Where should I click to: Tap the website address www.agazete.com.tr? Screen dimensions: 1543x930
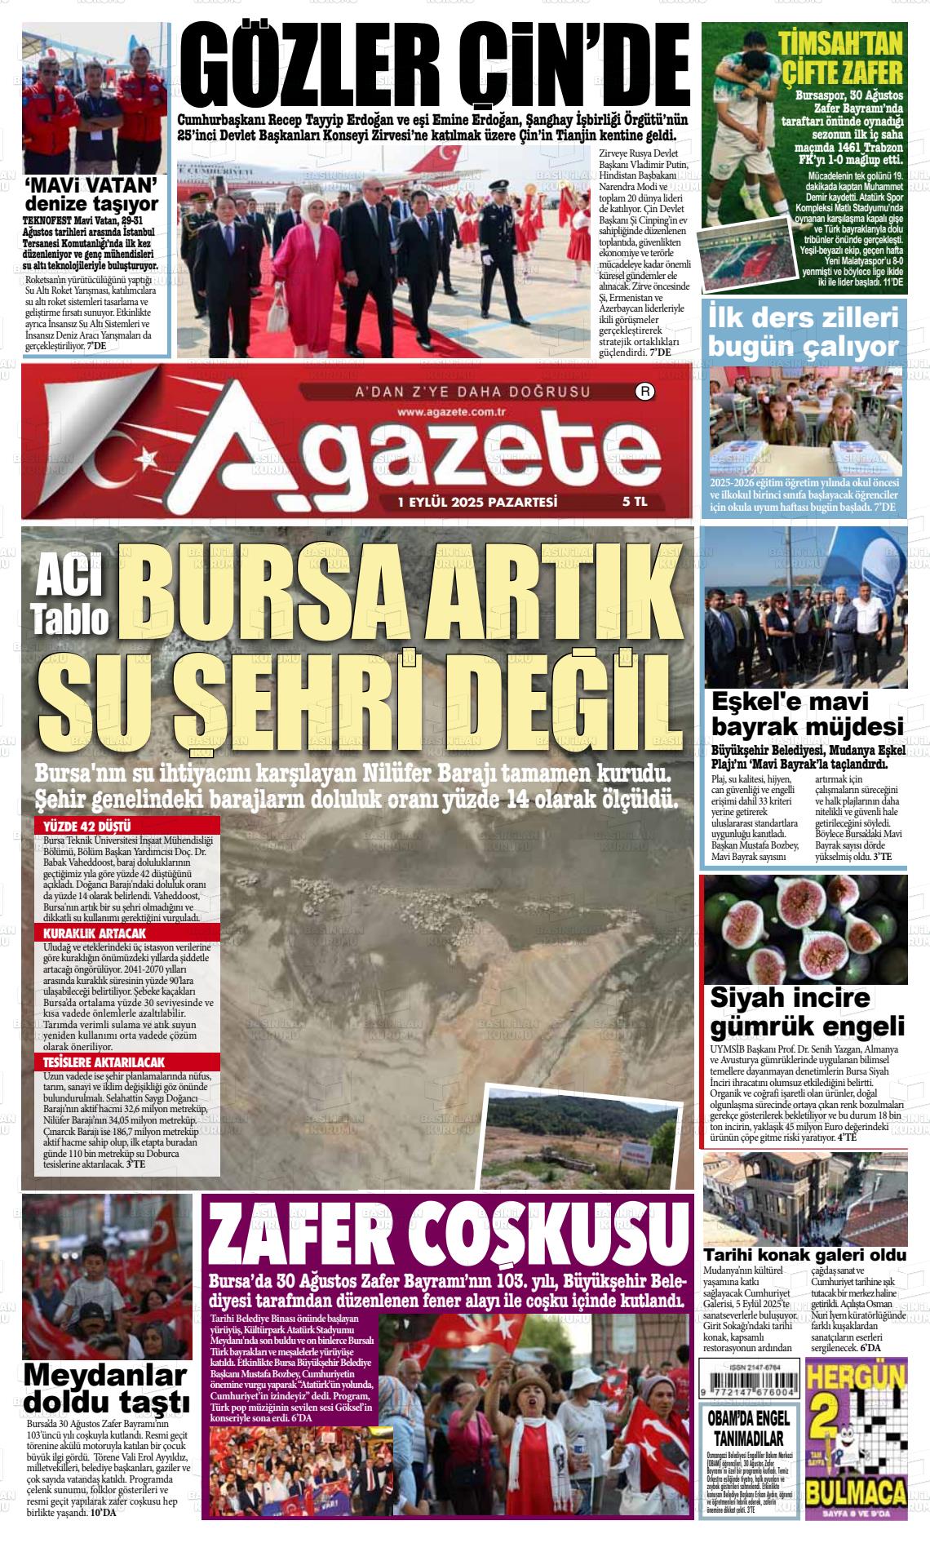coord(453,414)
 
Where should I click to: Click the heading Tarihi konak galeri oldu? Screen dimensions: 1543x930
coord(804,1254)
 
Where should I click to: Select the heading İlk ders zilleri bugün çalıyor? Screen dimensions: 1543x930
coord(804,331)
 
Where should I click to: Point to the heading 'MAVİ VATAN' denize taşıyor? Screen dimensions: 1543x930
coord(91,194)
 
